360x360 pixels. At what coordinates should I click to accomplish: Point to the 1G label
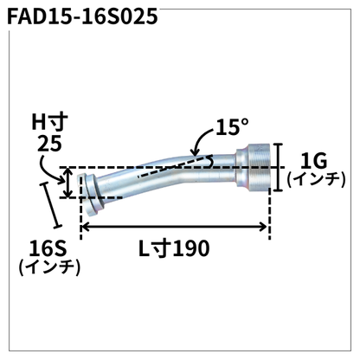(x=312, y=160)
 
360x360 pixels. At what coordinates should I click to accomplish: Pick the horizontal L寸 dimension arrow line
(x=173, y=228)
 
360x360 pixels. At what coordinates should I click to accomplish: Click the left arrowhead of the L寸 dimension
(x=85, y=228)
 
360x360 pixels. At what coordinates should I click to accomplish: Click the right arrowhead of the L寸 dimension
(x=265, y=228)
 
